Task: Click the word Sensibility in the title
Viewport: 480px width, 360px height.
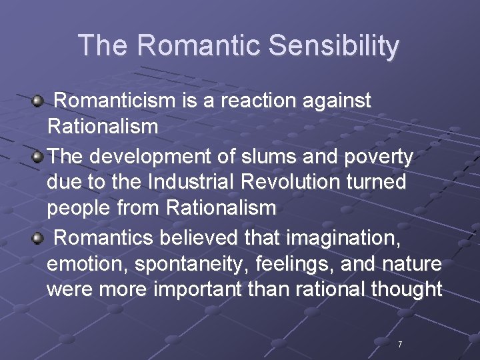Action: [334, 46]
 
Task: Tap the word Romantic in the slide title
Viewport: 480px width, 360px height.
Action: [201, 46]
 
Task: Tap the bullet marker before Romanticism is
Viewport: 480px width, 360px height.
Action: [38, 101]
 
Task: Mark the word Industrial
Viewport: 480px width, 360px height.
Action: [194, 182]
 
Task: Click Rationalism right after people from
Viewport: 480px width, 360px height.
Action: [221, 207]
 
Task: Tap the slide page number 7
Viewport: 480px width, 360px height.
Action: [400, 345]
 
